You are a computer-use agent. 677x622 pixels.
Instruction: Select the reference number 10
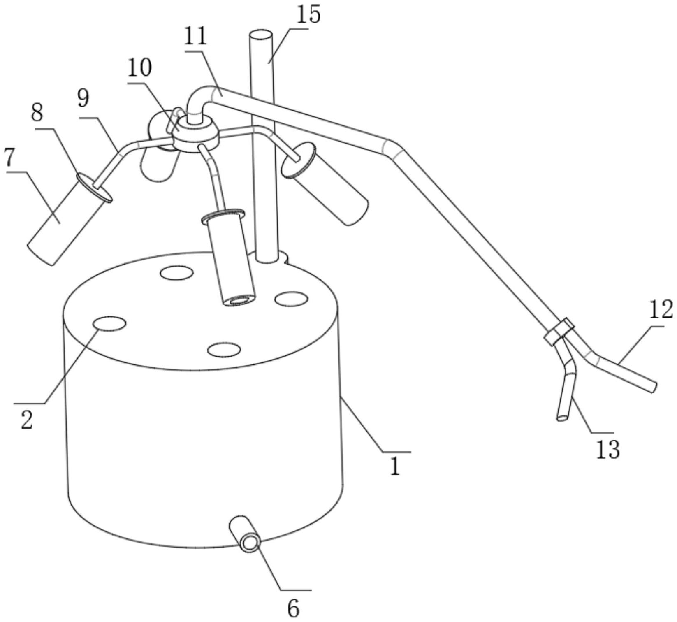(139, 68)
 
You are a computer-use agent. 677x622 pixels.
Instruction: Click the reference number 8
(37, 112)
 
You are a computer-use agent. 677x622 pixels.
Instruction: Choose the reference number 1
(395, 466)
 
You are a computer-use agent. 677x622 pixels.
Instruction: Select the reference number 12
(661, 310)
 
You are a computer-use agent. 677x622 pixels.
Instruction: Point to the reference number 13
(608, 449)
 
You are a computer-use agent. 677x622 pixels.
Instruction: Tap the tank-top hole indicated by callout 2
(109, 323)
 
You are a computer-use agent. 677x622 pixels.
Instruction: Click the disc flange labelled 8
(94, 188)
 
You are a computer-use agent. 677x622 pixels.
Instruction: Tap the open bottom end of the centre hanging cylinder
(239, 301)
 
